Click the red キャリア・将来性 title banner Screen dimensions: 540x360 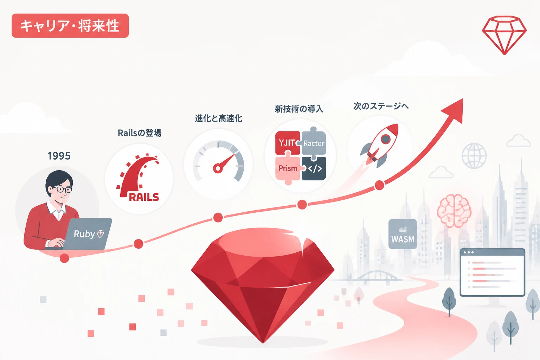[x=70, y=26]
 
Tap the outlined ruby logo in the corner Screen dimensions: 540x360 [x=504, y=35]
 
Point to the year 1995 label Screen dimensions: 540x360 [x=59, y=156]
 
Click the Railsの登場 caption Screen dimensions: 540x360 [x=139, y=133]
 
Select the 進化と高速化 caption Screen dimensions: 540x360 [x=218, y=118]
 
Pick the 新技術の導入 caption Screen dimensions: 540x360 [x=299, y=109]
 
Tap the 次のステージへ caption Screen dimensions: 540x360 [x=381, y=106]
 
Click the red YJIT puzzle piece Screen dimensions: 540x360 [x=288, y=143]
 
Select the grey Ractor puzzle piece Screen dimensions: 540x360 [x=313, y=143]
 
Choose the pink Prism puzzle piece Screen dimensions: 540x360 [x=288, y=168]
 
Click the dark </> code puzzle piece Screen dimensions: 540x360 [x=314, y=168]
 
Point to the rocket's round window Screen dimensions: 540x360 [x=386, y=139]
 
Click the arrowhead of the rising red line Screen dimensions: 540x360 [x=454, y=110]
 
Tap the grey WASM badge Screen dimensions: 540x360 [x=403, y=234]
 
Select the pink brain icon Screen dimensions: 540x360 [x=454, y=211]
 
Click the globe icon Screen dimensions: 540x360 [x=474, y=156]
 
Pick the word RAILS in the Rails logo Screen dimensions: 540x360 [x=144, y=197]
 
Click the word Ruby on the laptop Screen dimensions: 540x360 [x=84, y=234]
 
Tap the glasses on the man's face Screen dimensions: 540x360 [x=63, y=189]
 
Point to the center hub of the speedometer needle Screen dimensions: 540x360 [x=218, y=168]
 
